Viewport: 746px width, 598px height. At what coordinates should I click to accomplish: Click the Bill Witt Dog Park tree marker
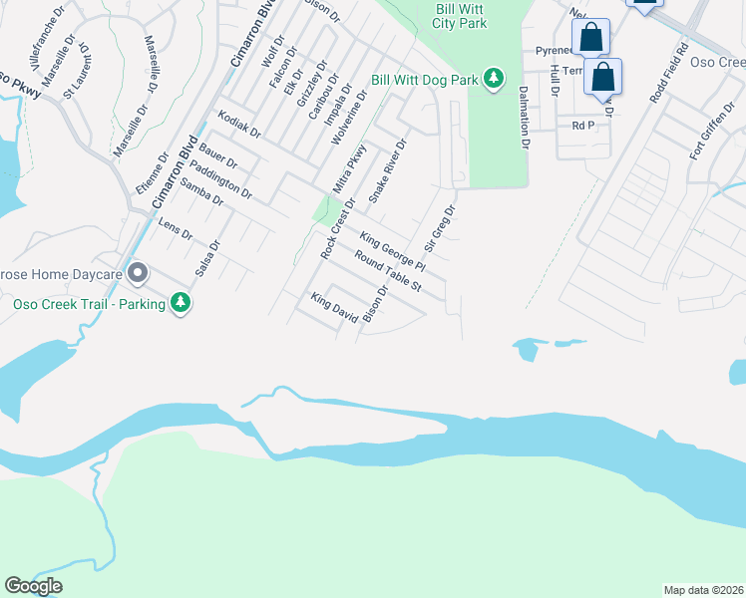pyautogui.click(x=493, y=78)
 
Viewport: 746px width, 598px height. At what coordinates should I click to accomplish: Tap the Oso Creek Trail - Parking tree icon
pyautogui.click(x=181, y=302)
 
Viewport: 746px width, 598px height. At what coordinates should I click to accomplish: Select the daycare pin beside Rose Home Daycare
pyautogui.click(x=138, y=273)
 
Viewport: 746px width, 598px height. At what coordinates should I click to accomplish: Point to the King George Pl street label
pyautogui.click(x=393, y=253)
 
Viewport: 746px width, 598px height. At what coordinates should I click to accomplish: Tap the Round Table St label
pyautogui.click(x=389, y=271)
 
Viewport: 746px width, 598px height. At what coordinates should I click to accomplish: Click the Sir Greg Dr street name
pyautogui.click(x=440, y=228)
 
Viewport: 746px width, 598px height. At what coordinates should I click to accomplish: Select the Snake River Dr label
pyautogui.click(x=388, y=171)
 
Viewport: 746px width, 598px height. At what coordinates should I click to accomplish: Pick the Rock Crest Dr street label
pyautogui.click(x=338, y=229)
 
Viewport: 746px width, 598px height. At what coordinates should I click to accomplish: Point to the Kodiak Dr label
pyautogui.click(x=239, y=125)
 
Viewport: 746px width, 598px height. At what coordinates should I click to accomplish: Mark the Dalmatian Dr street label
pyautogui.click(x=523, y=117)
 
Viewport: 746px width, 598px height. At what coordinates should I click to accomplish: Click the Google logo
pyautogui.click(x=33, y=586)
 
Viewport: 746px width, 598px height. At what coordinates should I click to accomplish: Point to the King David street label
pyautogui.click(x=334, y=307)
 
